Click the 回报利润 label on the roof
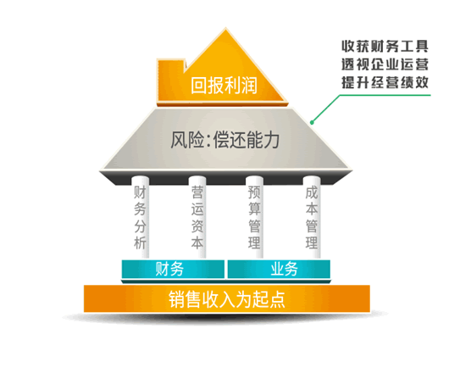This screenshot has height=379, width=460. (224, 86)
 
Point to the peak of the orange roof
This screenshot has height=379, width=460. (225, 29)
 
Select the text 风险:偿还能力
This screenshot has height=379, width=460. (225, 140)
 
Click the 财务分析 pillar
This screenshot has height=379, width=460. (140, 217)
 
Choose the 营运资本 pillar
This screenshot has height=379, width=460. (197, 217)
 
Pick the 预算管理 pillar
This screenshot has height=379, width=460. (254, 217)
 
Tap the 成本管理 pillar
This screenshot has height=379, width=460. (312, 217)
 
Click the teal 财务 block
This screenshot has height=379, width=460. (173, 269)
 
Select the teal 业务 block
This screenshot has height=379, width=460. (279, 269)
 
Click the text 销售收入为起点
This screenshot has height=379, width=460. (227, 299)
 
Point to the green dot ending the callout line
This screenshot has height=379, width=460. (312, 122)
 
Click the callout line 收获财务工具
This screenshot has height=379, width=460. (385, 47)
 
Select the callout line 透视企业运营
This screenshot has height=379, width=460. (385, 64)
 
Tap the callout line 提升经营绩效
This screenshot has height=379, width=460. (385, 82)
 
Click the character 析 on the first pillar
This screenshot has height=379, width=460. (140, 242)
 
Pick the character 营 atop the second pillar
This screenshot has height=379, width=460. (197, 192)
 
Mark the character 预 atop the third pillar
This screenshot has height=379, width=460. (254, 192)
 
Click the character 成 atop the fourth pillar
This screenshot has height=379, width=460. (312, 192)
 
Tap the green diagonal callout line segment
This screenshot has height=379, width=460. (326, 109)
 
